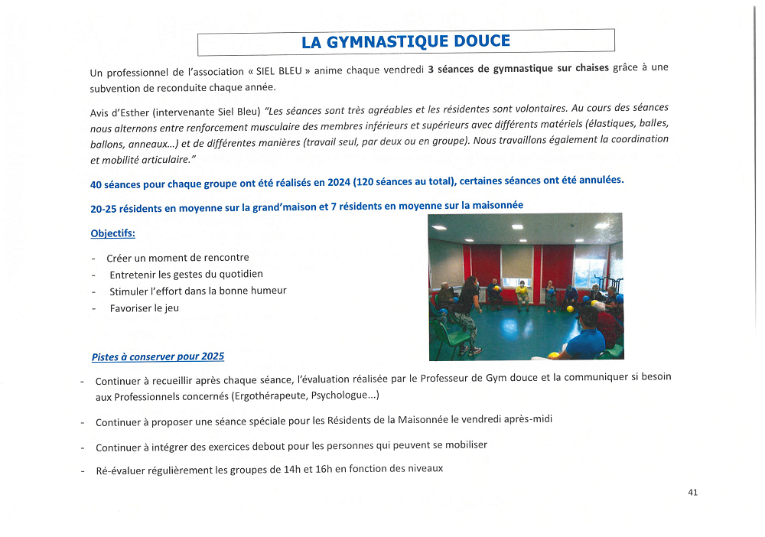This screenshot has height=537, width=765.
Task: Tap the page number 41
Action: (x=692, y=493)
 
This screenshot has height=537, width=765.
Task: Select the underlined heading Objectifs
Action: (x=112, y=233)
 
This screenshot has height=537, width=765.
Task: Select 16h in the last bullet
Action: (x=326, y=469)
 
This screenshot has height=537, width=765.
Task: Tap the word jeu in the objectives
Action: (x=171, y=308)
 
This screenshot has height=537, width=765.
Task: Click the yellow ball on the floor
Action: (x=570, y=309)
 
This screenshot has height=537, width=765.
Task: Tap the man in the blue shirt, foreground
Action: (x=585, y=337)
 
